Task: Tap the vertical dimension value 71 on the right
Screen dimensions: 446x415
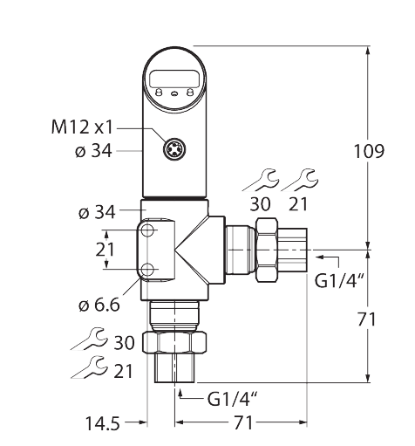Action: [367, 319]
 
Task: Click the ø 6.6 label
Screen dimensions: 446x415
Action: [98, 305]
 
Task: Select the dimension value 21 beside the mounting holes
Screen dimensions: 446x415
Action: [105, 249]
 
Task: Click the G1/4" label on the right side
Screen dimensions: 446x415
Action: [338, 281]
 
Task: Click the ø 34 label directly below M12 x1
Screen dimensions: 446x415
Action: [93, 151]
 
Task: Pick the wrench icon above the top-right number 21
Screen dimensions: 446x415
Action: [301, 182]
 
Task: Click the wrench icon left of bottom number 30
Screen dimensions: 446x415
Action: [89, 340]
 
